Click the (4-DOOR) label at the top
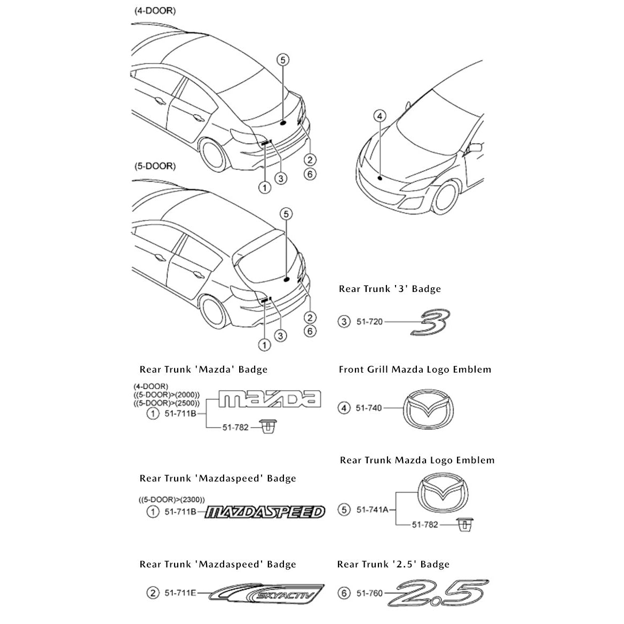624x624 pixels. (154, 11)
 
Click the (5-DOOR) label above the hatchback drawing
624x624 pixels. (154, 166)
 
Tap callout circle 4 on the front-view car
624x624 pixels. (380, 115)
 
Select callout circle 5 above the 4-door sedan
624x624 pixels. (283, 60)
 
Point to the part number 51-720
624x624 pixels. (369, 322)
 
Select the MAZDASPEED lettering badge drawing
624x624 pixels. (265, 512)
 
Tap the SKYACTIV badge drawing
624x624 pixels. (268, 593)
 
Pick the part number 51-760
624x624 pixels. (369, 593)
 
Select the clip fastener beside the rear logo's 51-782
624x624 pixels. (463, 525)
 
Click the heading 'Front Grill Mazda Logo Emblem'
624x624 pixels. (415, 369)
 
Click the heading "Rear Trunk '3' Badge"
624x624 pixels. (390, 289)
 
